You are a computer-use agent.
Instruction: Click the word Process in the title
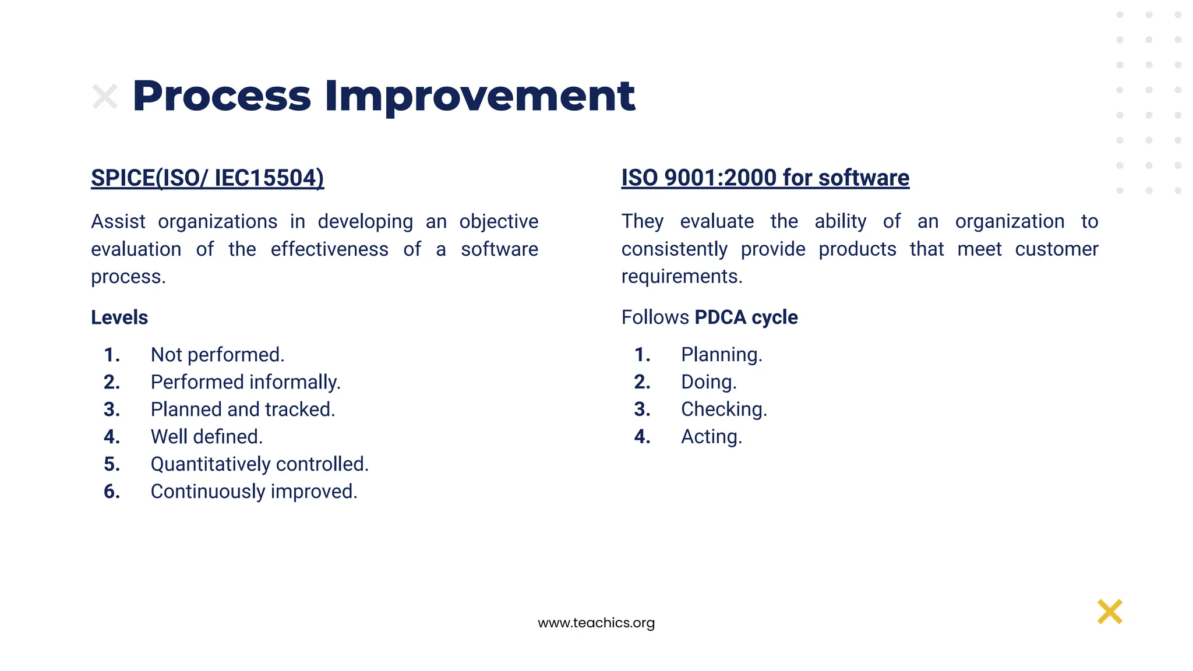click(222, 96)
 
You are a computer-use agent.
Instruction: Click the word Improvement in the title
click(479, 96)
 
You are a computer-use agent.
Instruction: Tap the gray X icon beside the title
click(105, 97)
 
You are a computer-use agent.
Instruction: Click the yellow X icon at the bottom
click(1110, 612)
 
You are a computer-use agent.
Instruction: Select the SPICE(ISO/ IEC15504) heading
click(207, 178)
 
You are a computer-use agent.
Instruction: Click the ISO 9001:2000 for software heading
click(765, 178)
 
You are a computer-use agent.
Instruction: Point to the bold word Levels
click(119, 317)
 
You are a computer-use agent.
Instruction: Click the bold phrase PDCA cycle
click(746, 317)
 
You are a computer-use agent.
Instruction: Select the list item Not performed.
click(217, 355)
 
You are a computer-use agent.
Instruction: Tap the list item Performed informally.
click(245, 382)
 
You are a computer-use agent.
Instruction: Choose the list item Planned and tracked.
click(242, 409)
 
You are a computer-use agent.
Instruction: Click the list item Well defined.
click(207, 437)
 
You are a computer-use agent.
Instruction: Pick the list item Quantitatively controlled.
click(259, 464)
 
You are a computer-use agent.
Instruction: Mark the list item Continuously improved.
click(253, 492)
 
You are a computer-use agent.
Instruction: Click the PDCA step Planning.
click(721, 355)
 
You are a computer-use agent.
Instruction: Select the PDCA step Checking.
click(723, 409)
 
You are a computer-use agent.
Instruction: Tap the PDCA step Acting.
click(711, 437)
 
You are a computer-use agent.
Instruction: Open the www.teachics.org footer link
click(596, 623)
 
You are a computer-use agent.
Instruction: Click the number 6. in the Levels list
click(112, 492)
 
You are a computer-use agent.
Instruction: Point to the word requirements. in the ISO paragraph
click(682, 276)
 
